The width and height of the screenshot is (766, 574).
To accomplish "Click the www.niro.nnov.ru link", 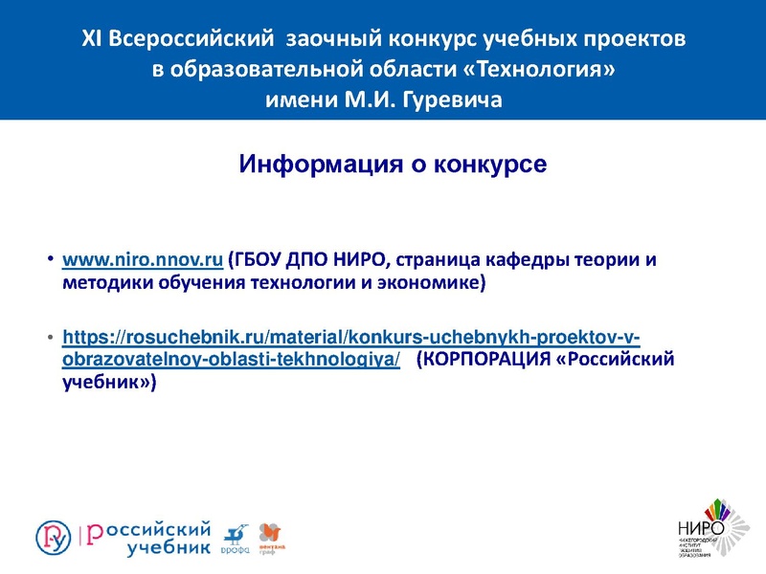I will click(143, 260).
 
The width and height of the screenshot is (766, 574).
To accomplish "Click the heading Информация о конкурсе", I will click(393, 164).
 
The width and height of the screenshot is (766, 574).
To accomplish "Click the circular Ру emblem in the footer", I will click(54, 537).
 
